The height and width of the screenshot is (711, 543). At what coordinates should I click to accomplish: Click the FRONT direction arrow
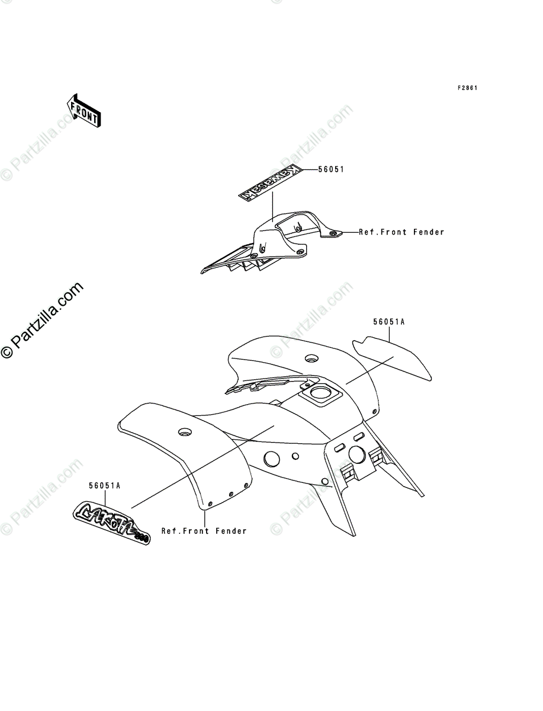(83, 110)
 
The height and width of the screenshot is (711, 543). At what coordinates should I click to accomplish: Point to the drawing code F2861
(467, 88)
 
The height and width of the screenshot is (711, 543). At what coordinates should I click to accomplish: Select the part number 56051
(330, 169)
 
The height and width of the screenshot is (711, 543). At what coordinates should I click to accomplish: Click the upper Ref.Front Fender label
(401, 232)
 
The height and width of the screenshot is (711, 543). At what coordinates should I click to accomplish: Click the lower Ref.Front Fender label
(204, 531)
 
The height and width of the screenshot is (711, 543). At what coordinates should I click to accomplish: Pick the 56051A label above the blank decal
(388, 322)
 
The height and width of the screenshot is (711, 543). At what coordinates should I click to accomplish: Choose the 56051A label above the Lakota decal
(105, 486)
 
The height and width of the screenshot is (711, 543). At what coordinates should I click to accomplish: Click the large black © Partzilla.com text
(41, 320)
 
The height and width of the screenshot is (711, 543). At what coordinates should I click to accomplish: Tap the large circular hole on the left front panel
(272, 459)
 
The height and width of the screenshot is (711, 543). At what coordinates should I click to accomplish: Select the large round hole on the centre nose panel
(356, 454)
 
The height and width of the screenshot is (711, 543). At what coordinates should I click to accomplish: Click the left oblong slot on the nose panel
(340, 447)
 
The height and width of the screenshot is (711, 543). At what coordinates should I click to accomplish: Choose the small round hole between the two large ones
(294, 455)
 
